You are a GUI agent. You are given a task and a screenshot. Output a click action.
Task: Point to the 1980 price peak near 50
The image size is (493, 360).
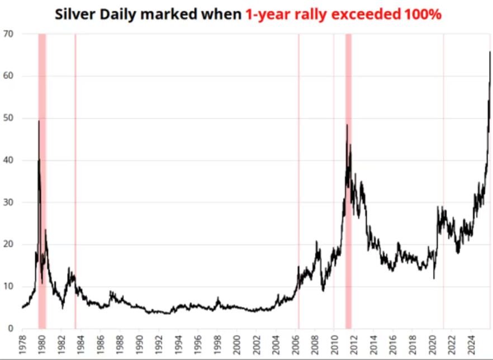point(39,121)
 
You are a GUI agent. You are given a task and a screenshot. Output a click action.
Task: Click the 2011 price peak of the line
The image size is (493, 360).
point(347,125)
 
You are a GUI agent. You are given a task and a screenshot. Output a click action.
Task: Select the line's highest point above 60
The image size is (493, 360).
point(490,52)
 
